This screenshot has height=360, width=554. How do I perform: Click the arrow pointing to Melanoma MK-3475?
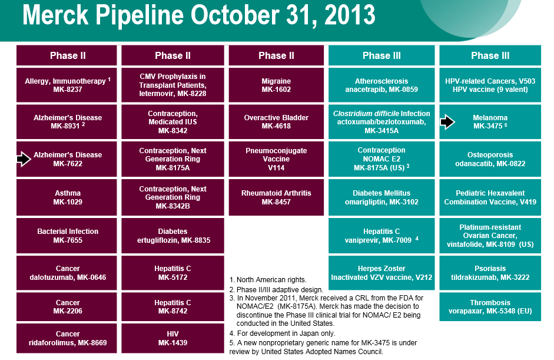[447, 122]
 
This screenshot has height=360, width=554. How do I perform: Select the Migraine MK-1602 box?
[276, 85]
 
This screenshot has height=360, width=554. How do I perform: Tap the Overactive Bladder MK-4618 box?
[276, 122]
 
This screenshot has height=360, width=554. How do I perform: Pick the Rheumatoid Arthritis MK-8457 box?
[276, 197]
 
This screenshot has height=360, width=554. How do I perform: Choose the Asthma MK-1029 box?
[67, 197]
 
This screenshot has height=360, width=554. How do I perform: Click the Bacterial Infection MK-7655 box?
[67, 236]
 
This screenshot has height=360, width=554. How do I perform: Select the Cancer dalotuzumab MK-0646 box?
[67, 273]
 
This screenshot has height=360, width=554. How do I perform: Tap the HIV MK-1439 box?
[172, 338]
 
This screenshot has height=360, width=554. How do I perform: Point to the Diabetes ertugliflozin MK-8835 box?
[172, 236]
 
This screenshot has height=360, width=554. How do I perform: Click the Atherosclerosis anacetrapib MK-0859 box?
[382, 85]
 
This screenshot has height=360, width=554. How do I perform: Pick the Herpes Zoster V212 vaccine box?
[382, 273]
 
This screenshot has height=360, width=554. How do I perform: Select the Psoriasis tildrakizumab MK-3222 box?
[489, 273]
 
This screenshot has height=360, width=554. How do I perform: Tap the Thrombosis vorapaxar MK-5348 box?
[489, 306]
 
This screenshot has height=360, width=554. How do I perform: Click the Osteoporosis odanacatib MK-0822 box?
[489, 159]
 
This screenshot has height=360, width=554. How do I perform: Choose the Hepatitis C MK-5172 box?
[172, 273]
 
